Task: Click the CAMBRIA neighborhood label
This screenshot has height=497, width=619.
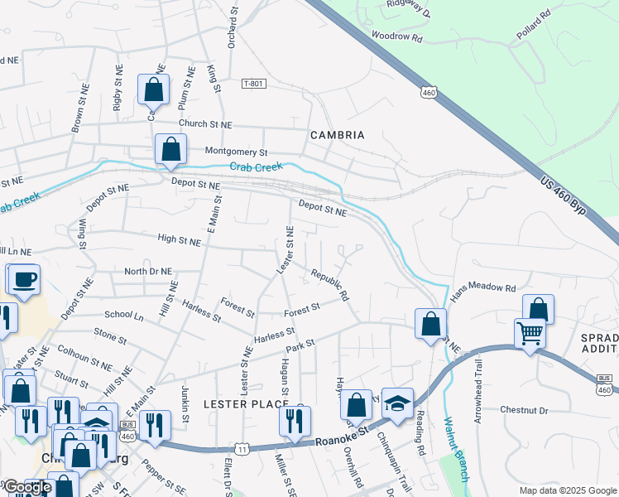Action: (x=337, y=134)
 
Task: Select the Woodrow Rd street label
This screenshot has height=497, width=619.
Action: (x=397, y=37)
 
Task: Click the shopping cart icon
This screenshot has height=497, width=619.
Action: (x=530, y=334)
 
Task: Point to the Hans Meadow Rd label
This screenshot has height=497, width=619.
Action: (x=482, y=287)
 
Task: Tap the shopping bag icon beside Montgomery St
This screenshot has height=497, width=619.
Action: (x=170, y=150)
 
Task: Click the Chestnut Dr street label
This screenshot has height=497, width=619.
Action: (x=525, y=410)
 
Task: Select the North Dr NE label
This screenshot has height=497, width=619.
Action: (x=147, y=271)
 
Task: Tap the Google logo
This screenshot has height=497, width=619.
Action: (x=27, y=488)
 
